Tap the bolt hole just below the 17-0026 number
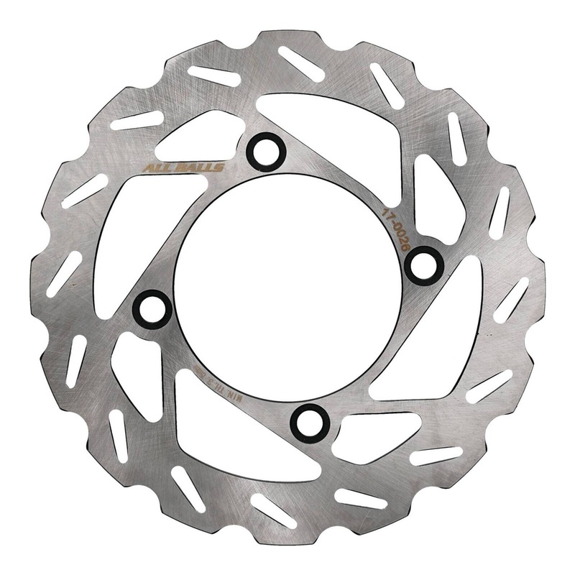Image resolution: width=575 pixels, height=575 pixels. tap(423, 265)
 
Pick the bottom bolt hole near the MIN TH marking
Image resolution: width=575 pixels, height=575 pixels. tap(310, 423)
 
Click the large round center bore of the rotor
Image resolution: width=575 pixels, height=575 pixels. tap(287, 287)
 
